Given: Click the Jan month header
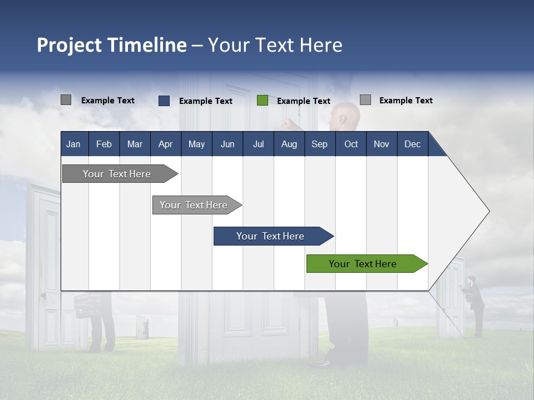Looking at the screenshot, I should (73, 144).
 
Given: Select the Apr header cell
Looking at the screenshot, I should (165, 144).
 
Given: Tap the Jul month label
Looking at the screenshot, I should (258, 144).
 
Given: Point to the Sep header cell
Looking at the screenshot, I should (319, 144).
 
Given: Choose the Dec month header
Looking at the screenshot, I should (412, 144).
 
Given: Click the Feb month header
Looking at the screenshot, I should (104, 144).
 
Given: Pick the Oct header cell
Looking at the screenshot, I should (351, 144).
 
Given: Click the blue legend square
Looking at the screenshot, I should (164, 101).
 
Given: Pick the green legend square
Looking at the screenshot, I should (263, 101).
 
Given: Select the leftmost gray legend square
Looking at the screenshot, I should (66, 100).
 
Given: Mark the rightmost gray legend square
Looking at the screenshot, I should (365, 100).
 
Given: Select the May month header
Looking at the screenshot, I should (196, 144).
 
